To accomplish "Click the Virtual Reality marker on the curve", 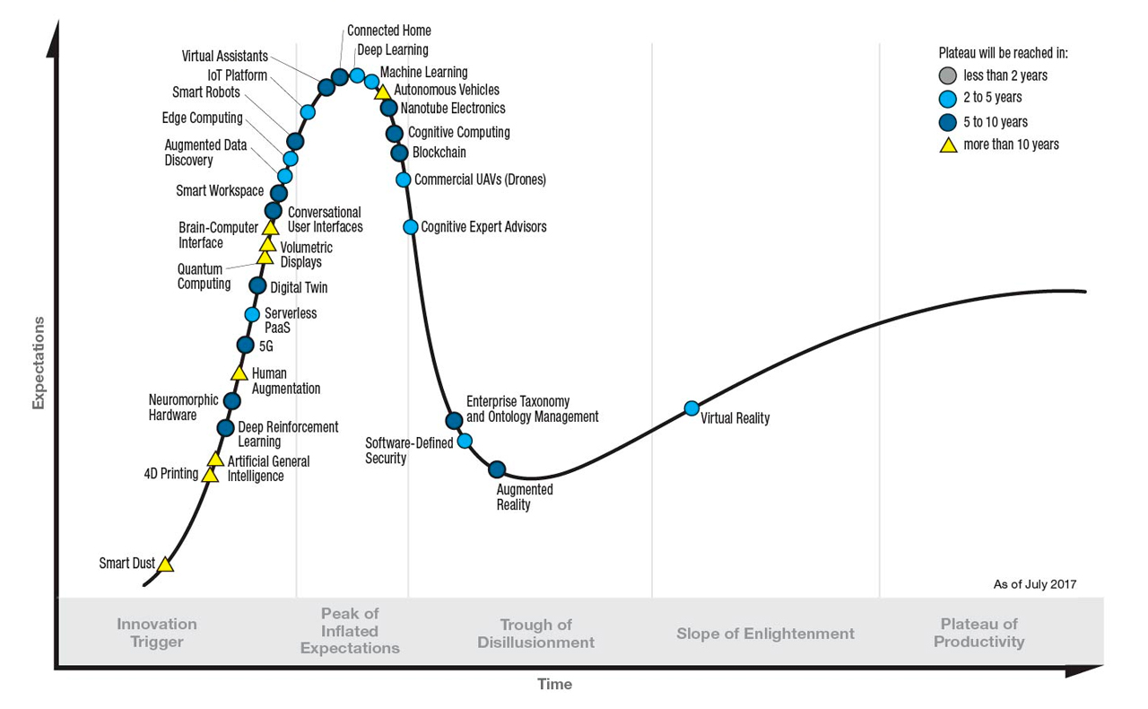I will [x=691, y=408].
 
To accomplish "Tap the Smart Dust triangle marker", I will [x=165, y=565].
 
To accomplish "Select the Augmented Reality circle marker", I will [x=497, y=468].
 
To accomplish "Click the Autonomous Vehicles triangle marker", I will [x=382, y=92].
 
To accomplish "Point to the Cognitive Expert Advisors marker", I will [x=411, y=226].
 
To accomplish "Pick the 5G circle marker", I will [x=245, y=345].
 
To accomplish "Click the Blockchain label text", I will [x=439, y=153].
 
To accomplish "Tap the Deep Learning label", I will [x=392, y=50].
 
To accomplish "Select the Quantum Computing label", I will [x=204, y=276].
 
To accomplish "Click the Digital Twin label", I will [x=299, y=288].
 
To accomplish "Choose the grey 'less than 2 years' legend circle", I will [x=948, y=75].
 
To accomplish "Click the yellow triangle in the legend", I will [x=948, y=144].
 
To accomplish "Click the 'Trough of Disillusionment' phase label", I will [x=535, y=634].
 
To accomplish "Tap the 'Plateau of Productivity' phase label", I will [x=978, y=633].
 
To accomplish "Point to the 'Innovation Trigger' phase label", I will [x=157, y=633].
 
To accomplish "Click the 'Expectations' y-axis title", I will [x=39, y=363].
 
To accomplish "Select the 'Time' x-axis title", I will [x=554, y=685].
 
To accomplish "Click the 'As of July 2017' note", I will [x=1034, y=584].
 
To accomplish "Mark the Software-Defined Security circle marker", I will [x=465, y=441].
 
